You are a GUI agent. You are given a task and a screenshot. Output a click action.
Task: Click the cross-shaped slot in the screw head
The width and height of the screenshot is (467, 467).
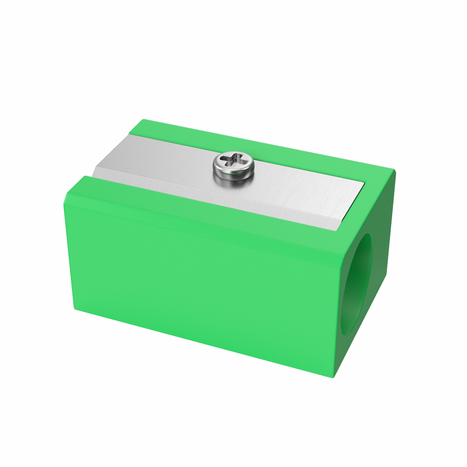233,160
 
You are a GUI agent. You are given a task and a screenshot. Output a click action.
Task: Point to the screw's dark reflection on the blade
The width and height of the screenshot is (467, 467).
233,182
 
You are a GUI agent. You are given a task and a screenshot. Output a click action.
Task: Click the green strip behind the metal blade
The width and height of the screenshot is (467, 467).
259,147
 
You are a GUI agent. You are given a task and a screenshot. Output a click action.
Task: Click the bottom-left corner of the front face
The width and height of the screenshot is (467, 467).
76,308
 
